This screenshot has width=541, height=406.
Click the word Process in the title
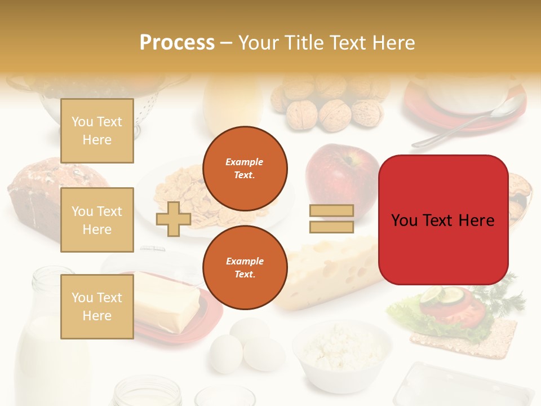point(177,43)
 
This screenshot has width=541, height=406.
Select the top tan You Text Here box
point(97,131)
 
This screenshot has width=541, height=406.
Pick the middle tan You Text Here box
point(97,220)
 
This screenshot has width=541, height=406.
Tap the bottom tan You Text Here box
point(97,306)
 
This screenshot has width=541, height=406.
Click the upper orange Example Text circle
point(245,168)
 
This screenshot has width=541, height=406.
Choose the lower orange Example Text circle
point(245,267)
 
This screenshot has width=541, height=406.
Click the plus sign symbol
point(173,219)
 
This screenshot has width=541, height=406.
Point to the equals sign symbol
point(331,219)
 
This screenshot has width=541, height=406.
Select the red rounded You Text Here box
point(443,220)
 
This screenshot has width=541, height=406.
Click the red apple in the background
point(338,169)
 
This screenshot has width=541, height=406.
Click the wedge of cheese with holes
point(332,271)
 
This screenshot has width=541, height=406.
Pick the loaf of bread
point(37,197)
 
